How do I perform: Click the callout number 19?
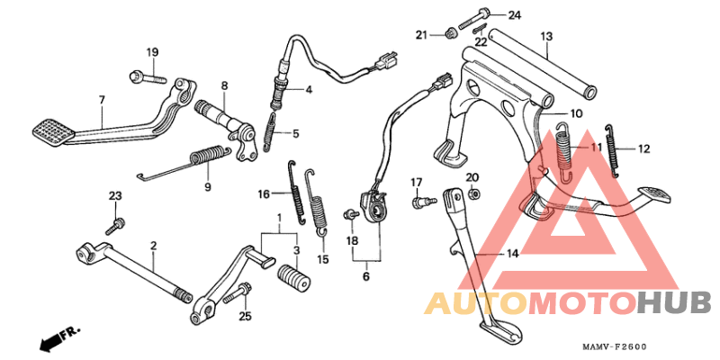pyautogui.click(x=152, y=52)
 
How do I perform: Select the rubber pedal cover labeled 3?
pyautogui.click(x=293, y=277)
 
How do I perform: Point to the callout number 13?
pyautogui.click(x=546, y=36)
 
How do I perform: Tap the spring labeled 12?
pyautogui.click(x=612, y=150)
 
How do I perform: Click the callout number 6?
pyautogui.click(x=366, y=276)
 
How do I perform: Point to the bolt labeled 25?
pyautogui.click(x=238, y=294)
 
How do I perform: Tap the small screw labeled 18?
pyautogui.click(x=350, y=213)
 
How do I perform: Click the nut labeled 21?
pyautogui.click(x=450, y=33)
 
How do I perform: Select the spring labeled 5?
pyautogui.click(x=271, y=131)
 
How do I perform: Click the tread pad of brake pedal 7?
pyautogui.click(x=54, y=132)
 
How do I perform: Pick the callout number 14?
pyautogui.click(x=512, y=253)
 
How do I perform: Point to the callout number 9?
pyautogui.click(x=208, y=186)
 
